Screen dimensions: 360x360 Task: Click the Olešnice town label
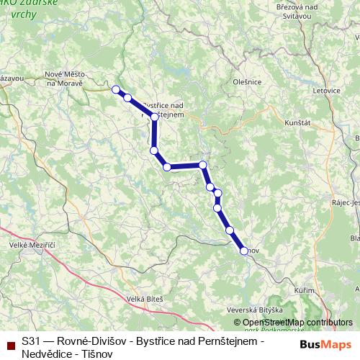pos(247,82)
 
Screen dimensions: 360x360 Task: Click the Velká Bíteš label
pos(145,298)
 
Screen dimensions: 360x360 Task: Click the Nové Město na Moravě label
pos(65,78)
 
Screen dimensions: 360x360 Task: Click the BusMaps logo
pos(325,343)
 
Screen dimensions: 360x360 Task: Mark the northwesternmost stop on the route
pos(115,89)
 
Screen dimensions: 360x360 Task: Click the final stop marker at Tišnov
pos(244,251)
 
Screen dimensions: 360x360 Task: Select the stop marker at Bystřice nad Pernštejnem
pos(155,117)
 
